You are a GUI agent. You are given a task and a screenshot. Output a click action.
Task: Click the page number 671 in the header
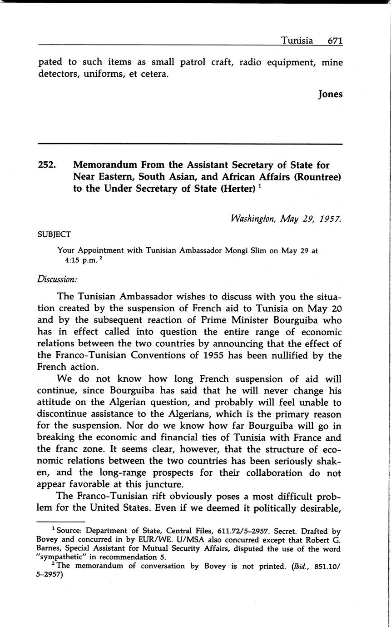pos(335,40)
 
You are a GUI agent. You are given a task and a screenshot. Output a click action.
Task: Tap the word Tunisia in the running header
pos(297,40)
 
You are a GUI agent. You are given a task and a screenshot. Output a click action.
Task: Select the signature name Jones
pos(330,95)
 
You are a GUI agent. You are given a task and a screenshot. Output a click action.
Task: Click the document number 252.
pos(47,165)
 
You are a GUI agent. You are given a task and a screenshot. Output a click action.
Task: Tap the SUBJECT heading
pos(54,234)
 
